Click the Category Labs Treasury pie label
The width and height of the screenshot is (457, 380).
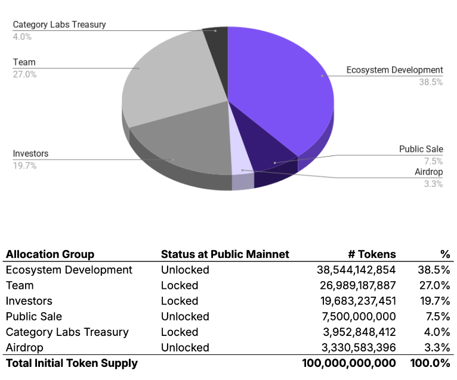(59, 25)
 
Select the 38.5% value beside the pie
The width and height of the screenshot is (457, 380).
(430, 82)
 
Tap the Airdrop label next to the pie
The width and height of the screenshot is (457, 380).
(428, 172)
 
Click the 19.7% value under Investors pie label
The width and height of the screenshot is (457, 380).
(24, 166)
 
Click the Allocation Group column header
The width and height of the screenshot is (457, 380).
(50, 254)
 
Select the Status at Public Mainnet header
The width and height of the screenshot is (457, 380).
(225, 254)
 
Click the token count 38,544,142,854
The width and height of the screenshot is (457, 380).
(356, 270)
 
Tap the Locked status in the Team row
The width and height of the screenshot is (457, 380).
(179, 285)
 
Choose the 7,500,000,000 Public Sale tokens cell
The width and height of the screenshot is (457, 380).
(362, 316)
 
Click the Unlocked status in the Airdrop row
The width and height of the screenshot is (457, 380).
(185, 347)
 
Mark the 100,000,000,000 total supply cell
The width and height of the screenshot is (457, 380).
(349, 363)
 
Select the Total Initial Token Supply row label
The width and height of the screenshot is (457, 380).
(72, 363)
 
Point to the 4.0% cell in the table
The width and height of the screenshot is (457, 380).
(437, 332)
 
